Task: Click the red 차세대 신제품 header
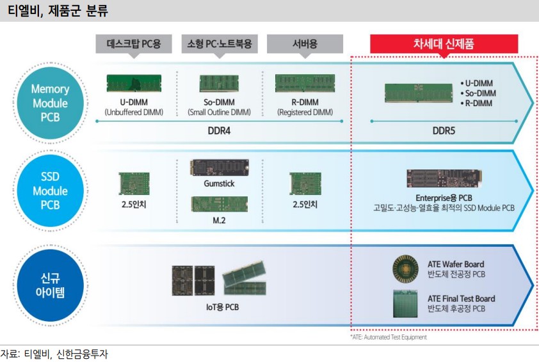click(x=444, y=43)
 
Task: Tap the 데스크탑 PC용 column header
click(x=133, y=45)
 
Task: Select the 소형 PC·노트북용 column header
click(x=219, y=45)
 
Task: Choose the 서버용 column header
click(x=304, y=45)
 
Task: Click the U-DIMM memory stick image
click(x=133, y=83)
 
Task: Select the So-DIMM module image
click(x=218, y=83)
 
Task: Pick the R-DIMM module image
click(x=305, y=83)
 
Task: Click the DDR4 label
click(x=218, y=129)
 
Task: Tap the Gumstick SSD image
click(x=218, y=168)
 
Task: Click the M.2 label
click(x=218, y=220)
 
